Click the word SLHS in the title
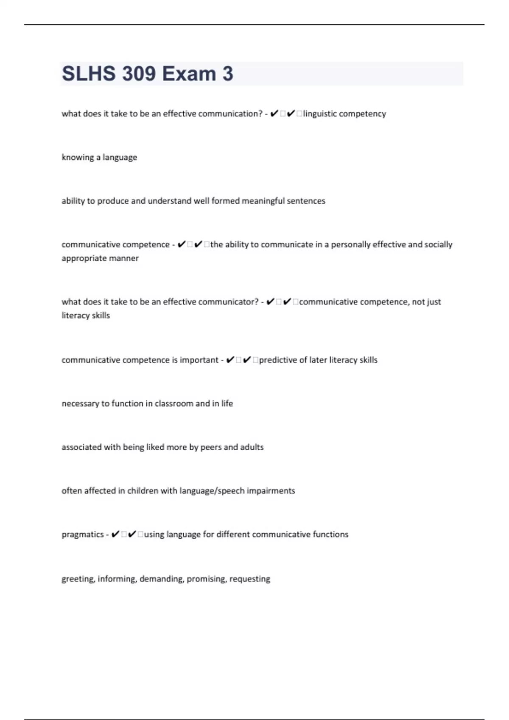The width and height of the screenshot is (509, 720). pos(89,74)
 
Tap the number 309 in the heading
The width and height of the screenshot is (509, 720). pos(139,74)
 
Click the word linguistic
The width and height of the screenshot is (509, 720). pos(320,114)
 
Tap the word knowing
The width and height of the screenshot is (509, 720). pos(78,158)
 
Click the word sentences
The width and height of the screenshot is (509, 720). pos(306,201)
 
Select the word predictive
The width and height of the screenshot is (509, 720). pos(277,360)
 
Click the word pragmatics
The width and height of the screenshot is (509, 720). pos(82,535)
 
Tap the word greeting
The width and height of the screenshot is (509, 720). pos(78,579)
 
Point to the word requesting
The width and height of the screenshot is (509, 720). pos(249,579)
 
